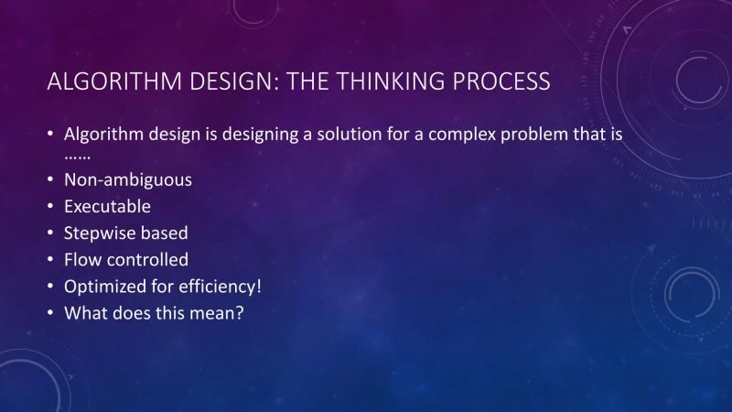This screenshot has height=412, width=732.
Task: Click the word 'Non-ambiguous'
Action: tap(127, 179)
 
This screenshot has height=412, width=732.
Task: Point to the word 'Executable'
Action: tap(107, 206)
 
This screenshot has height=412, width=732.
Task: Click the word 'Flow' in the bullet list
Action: tap(81, 260)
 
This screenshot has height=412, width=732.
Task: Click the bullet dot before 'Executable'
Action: tap(50, 207)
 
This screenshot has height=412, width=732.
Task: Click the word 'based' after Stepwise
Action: tap(164, 233)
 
